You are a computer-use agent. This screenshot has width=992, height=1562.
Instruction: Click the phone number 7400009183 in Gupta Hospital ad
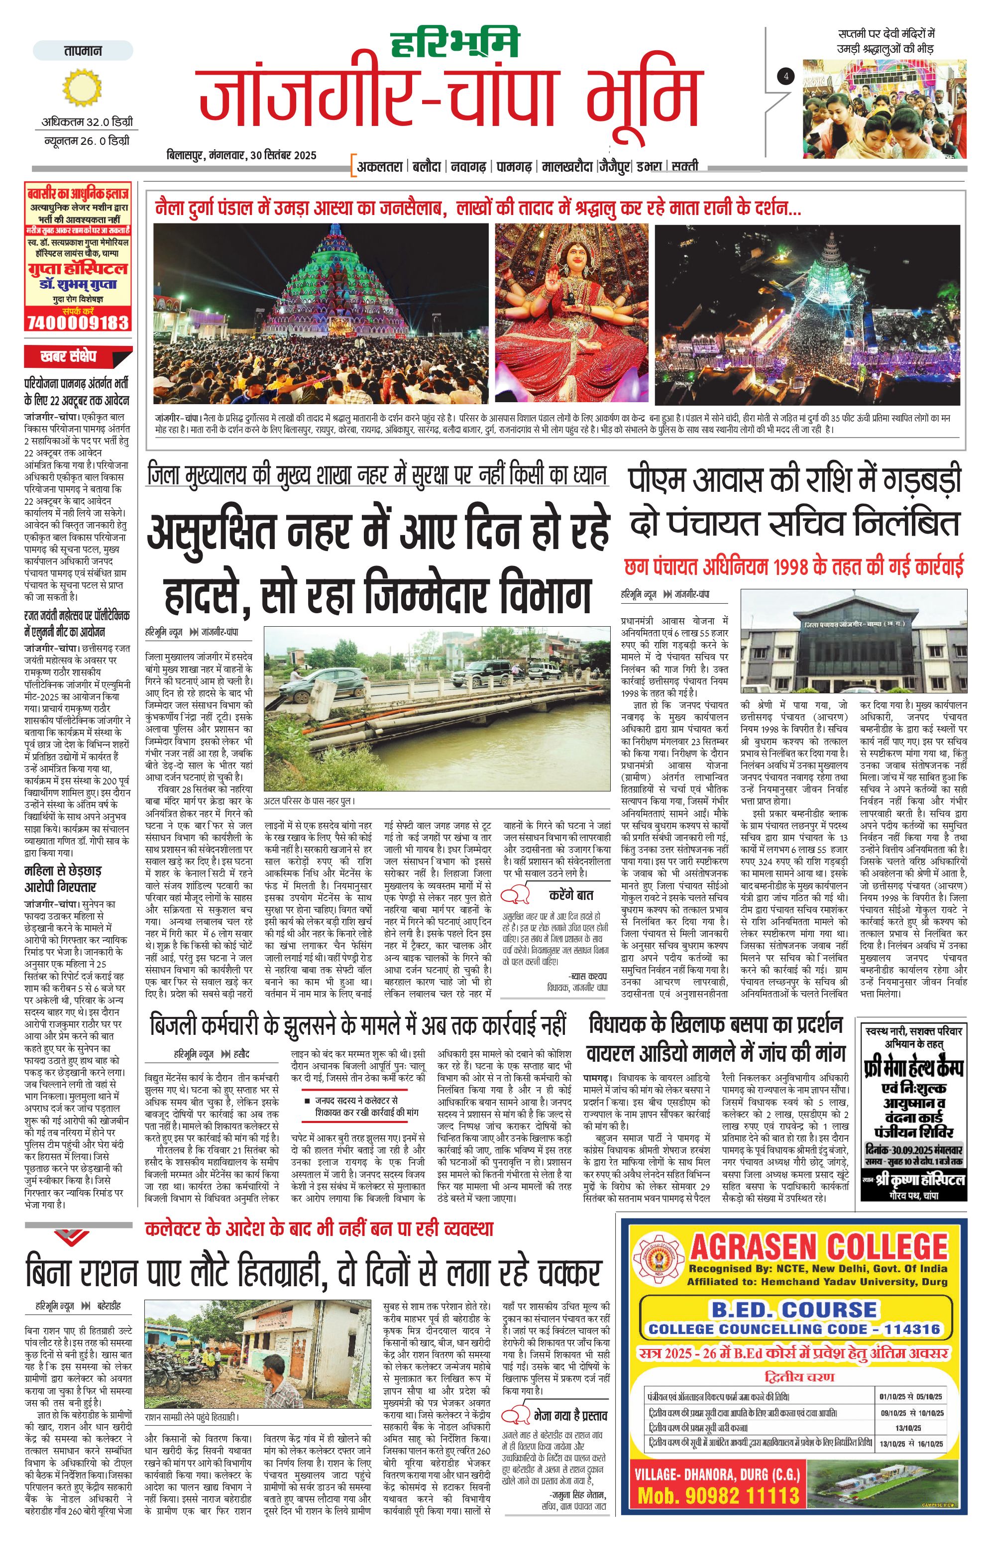pyautogui.click(x=78, y=323)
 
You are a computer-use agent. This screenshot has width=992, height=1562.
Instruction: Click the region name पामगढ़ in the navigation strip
pyautogui.click(x=515, y=167)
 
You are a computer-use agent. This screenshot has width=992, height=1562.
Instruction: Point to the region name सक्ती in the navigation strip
pyautogui.click(x=685, y=166)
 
